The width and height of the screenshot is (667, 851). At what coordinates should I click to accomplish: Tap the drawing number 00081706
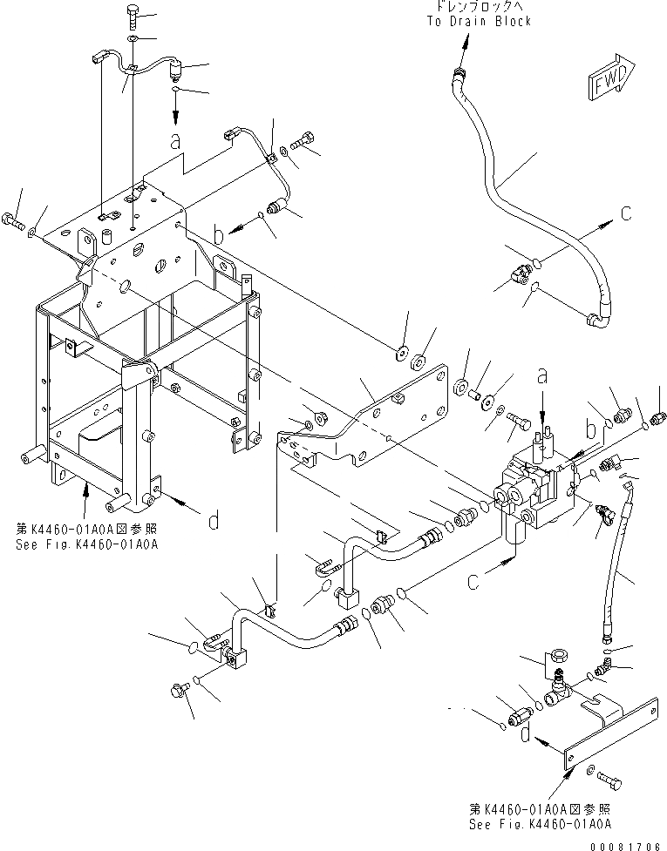[626, 843]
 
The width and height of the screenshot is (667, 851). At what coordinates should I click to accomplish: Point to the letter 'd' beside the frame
[213, 522]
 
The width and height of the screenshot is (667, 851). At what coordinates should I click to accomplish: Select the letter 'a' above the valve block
[541, 377]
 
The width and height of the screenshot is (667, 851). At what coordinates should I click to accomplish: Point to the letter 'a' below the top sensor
[175, 139]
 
